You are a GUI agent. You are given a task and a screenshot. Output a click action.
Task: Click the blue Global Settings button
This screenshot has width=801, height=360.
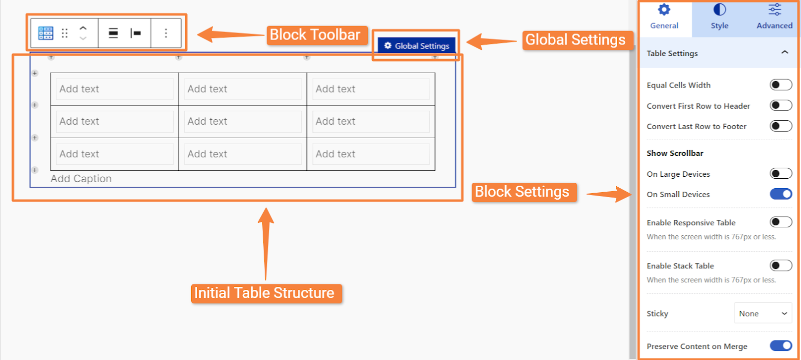[417, 46]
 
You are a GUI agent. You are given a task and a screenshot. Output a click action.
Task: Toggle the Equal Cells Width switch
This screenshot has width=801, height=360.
[780, 85]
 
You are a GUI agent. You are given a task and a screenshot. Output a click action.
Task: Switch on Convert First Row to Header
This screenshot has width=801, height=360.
[780, 106]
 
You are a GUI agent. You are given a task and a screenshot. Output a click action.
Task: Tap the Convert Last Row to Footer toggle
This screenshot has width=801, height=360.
[780, 126]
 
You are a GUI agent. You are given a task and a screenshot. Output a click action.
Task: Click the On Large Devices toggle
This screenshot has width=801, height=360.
[780, 174]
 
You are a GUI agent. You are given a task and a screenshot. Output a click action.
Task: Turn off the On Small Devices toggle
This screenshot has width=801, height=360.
[780, 194]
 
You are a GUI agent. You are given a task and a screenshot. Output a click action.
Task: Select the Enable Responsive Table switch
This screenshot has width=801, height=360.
[780, 222]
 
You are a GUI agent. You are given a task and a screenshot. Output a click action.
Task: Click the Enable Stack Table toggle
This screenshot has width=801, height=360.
[780, 266]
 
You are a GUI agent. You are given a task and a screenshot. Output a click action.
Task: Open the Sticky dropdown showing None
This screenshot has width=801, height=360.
[763, 313]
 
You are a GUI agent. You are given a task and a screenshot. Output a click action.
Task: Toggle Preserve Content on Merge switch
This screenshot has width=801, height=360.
[780, 345]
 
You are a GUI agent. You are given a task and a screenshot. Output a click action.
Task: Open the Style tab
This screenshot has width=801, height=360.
[719, 17]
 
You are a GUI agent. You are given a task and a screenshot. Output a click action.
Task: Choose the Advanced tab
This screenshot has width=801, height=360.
[774, 17]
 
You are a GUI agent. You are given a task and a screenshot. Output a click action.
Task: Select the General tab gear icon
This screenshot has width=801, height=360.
[664, 10]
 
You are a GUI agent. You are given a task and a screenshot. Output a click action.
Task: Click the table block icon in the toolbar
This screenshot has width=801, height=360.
[46, 33]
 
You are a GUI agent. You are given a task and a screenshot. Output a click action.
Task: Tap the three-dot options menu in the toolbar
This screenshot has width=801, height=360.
[166, 33]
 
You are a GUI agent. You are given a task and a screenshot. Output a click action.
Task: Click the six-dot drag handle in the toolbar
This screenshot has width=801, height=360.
[65, 33]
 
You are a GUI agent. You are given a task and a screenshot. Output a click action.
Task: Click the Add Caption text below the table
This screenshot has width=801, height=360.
[81, 178]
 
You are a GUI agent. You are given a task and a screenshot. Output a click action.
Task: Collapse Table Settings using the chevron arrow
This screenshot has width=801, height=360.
[784, 53]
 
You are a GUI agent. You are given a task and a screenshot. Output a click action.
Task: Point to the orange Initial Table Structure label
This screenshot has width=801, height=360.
[266, 293]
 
